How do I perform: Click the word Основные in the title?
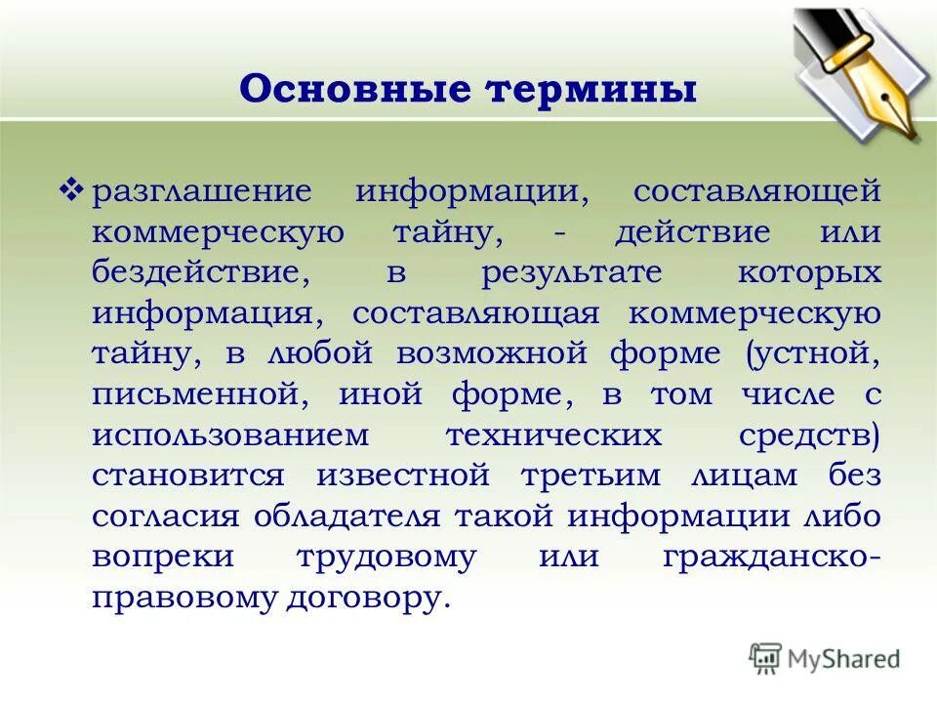352,91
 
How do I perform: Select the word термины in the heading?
591,91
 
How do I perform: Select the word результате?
571,272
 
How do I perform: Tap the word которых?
809,273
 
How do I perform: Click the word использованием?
231,435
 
